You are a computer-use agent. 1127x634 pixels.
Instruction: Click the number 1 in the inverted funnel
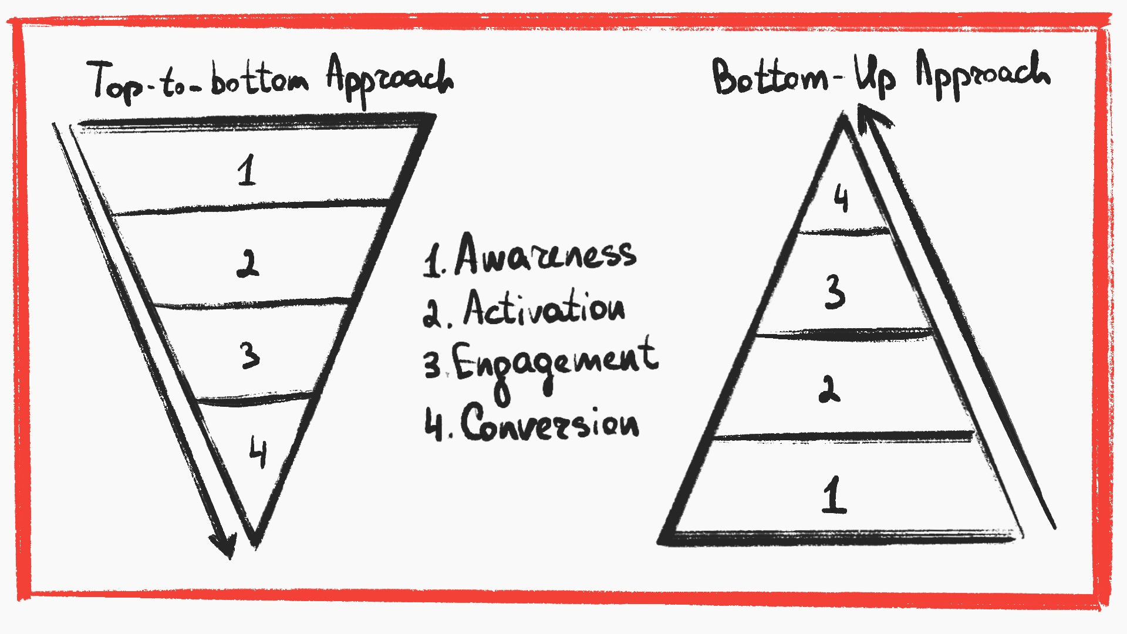(247, 170)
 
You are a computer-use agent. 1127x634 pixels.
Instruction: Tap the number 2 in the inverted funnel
(248, 264)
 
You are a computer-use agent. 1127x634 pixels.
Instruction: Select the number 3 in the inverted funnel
(250, 355)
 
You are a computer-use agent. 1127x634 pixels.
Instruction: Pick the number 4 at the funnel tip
(258, 451)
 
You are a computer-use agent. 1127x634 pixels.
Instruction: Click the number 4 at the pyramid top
(841, 198)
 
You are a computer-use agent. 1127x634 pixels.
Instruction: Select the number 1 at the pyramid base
(834, 495)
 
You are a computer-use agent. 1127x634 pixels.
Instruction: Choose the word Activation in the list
(544, 308)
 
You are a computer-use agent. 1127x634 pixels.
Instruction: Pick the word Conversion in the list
(549, 423)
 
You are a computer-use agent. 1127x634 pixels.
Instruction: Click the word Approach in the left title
(390, 79)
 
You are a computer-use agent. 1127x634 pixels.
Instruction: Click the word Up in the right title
(875, 76)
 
